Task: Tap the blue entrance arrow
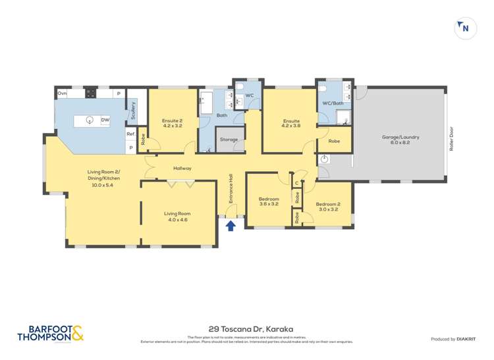[231, 226]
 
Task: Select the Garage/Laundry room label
[400, 140]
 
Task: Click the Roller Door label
[452, 140]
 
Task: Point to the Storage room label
[229, 140]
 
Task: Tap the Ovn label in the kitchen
[63, 93]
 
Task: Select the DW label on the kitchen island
[105, 120]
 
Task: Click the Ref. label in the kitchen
[131, 134]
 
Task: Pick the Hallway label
[182, 168]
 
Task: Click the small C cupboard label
[297, 183]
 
